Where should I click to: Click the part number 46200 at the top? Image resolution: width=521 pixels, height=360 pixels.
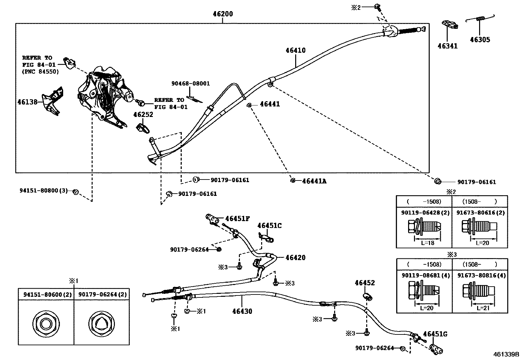(x=223, y=14)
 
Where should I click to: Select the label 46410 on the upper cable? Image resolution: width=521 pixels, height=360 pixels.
(x=295, y=50)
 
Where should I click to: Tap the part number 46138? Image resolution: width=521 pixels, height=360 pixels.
(x=27, y=102)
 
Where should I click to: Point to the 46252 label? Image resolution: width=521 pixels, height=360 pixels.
(x=143, y=115)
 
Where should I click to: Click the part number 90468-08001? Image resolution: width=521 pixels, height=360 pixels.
(x=190, y=84)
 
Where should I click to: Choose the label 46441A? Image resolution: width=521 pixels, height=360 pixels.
(x=314, y=181)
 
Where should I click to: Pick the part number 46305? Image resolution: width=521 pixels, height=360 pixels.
(x=480, y=40)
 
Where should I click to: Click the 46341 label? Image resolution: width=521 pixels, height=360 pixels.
(x=448, y=46)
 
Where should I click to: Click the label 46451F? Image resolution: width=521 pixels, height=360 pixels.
(x=238, y=218)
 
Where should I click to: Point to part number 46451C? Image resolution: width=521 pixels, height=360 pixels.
(x=269, y=226)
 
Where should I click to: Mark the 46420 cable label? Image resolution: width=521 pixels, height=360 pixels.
(x=295, y=258)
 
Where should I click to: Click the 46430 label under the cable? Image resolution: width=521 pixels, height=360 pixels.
(x=242, y=311)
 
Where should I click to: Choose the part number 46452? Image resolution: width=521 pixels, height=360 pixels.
(x=365, y=283)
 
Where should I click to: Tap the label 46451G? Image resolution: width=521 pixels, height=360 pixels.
(x=435, y=334)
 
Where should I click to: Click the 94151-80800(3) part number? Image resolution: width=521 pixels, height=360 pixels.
(x=43, y=190)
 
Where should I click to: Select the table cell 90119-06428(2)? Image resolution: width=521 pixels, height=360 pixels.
(x=423, y=213)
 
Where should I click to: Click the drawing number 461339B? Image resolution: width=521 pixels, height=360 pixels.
(x=506, y=354)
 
